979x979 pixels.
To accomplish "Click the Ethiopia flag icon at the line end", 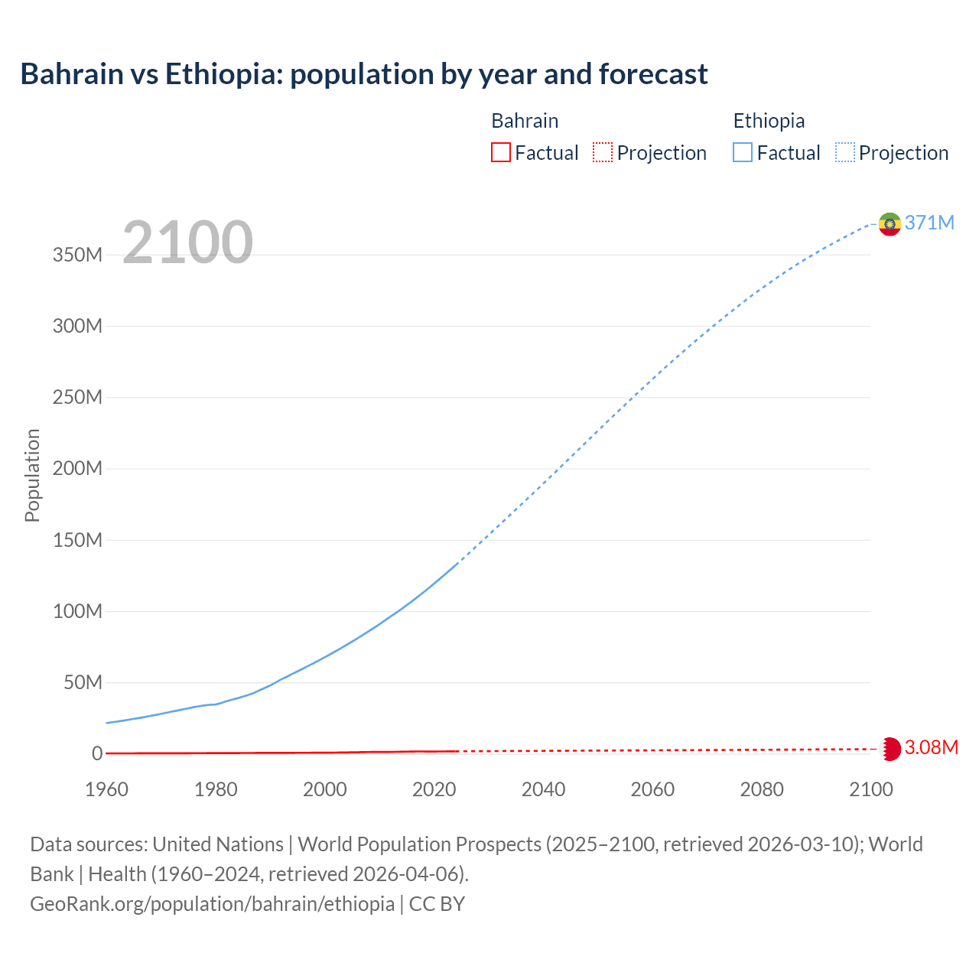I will coord(890,224).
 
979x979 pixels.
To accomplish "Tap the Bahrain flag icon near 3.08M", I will coord(890,749).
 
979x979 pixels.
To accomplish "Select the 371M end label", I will coord(929,223).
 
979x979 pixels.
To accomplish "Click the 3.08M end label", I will coord(931,747).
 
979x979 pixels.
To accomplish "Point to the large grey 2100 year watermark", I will coord(187,242).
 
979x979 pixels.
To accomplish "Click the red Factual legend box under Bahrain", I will coord(500,152).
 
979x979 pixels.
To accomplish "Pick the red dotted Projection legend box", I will coord(603,152).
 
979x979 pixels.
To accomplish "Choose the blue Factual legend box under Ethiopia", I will coord(742,152).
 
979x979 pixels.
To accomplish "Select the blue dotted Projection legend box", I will coord(844,152).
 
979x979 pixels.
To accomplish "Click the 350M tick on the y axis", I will coord(77,255).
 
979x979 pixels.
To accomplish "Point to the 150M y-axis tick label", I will coord(77,540).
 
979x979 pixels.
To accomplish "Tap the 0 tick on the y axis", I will coord(96,753).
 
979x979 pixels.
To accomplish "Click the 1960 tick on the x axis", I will coord(106,789).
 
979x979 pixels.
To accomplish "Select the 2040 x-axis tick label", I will coord(543,789).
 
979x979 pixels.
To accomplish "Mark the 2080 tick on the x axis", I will coord(762,789).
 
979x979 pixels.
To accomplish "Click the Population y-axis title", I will coord(32,475).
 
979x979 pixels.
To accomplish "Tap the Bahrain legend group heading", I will coord(525,121).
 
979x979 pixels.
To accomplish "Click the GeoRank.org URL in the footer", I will coord(212,903).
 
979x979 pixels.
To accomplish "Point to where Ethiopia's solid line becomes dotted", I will coord(457,564).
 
